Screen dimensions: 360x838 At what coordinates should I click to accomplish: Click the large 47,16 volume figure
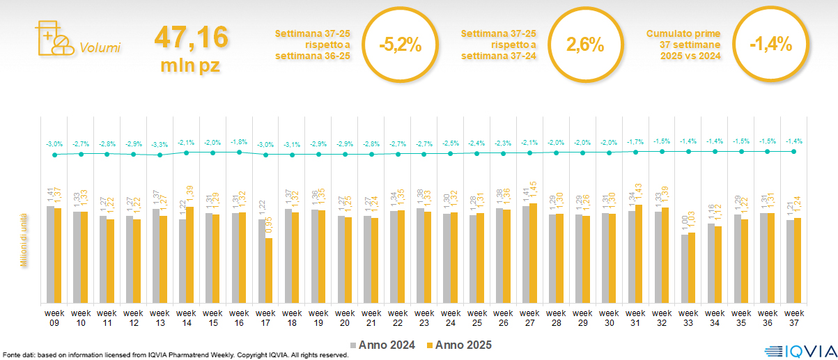191,37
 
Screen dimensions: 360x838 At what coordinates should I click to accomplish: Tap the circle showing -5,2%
400,45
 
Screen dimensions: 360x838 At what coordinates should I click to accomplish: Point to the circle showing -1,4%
770,45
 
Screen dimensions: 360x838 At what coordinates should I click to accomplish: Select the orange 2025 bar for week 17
269,270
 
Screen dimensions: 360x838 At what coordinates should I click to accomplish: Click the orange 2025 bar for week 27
533,253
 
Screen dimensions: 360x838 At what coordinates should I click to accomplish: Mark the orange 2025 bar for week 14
190,255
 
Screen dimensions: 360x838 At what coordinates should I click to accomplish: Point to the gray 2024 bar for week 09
50,254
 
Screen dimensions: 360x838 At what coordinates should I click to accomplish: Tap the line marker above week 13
160,155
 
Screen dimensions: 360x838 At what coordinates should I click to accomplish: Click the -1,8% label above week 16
239,142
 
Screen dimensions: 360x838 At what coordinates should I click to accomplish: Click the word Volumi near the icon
100,48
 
